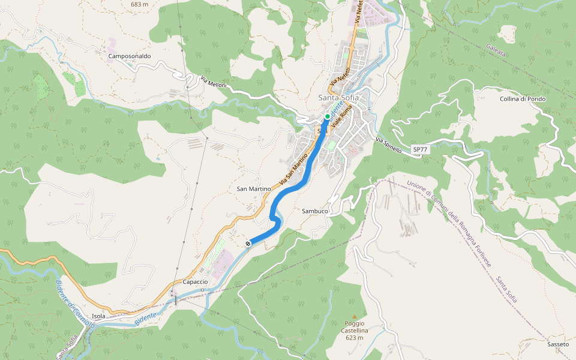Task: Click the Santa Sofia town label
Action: tap(338, 98)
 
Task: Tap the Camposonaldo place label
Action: tap(130, 56)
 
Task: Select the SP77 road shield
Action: tap(421, 148)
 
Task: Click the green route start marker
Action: tap(327, 116)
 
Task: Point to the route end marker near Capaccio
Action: tap(248, 244)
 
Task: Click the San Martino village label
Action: tap(254, 188)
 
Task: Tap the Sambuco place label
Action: tap(314, 211)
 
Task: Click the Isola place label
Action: tap(99, 316)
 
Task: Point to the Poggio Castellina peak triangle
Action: tap(354, 316)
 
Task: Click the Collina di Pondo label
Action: tap(522, 99)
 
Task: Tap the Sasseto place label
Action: tap(558, 344)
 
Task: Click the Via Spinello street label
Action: tap(389, 145)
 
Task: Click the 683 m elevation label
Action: tap(139, 4)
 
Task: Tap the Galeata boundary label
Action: tap(496, 50)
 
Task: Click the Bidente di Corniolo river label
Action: tap(74, 304)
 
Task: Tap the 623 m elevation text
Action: tap(355, 338)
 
